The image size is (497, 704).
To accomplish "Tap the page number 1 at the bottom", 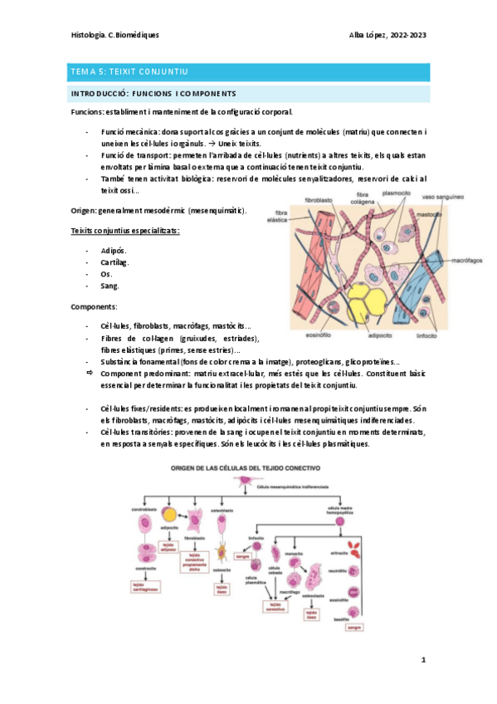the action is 423,660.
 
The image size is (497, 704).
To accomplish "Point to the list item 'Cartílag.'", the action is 114,262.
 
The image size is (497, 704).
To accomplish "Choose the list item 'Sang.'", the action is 110,286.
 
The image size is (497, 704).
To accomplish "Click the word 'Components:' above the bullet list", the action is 94,306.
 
